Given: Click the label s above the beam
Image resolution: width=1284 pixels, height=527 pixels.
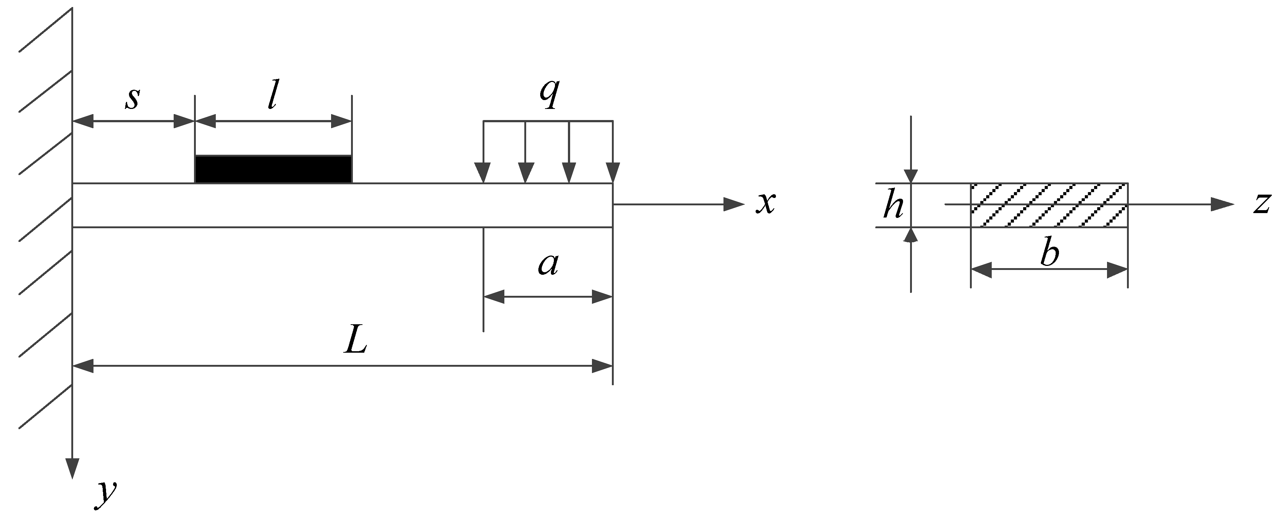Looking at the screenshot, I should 132,99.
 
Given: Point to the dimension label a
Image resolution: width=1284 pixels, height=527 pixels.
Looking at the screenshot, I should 548,265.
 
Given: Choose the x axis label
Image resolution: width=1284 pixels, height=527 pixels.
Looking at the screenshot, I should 765,203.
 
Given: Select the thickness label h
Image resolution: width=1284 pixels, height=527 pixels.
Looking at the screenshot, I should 893,205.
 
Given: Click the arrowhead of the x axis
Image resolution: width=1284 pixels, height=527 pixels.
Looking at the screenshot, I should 734,204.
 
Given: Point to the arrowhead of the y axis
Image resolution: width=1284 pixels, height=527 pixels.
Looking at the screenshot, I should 73,468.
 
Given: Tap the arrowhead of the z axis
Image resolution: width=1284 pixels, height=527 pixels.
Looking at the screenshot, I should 1222,204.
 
